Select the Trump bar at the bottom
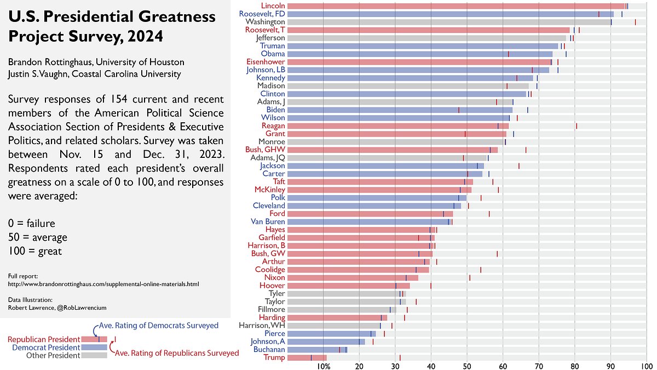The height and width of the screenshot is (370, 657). pos(307,357)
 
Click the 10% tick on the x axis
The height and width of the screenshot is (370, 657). pos(323,366)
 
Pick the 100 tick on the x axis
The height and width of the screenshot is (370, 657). pos(647,366)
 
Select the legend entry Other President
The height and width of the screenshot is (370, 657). pos(53,356)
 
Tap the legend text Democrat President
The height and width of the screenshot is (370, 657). pos(46,348)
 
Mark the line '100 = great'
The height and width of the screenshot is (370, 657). pos(35,252)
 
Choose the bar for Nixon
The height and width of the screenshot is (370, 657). pos(350,277)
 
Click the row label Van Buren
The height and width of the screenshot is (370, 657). pos(268,221)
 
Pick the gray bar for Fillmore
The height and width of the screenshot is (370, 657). pos(339,309)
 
